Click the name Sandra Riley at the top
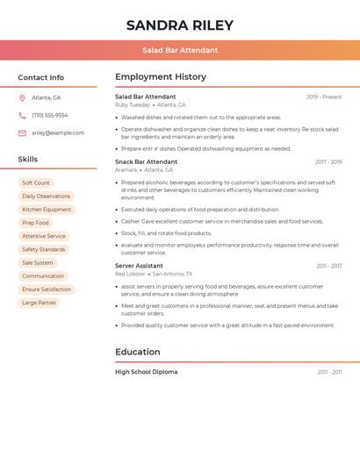tap(180, 24)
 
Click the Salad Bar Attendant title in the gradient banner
tap(180, 50)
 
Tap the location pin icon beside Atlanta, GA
tap(22, 97)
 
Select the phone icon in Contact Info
tap(22, 115)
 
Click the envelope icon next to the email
tap(22, 132)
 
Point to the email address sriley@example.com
tap(58, 132)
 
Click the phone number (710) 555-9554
tap(50, 115)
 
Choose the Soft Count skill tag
tap(36, 182)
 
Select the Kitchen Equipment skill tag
tap(47, 210)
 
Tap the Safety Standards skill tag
tap(44, 249)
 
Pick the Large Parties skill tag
tap(39, 303)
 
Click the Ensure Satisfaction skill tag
tap(47, 289)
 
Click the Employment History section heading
tap(161, 76)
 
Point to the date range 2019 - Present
tap(324, 97)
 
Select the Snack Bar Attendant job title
tap(146, 161)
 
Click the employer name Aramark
tap(126, 169)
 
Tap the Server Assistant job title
tap(139, 265)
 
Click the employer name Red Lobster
tap(130, 274)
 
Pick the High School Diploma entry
tap(146, 372)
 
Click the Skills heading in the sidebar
tap(28, 159)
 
